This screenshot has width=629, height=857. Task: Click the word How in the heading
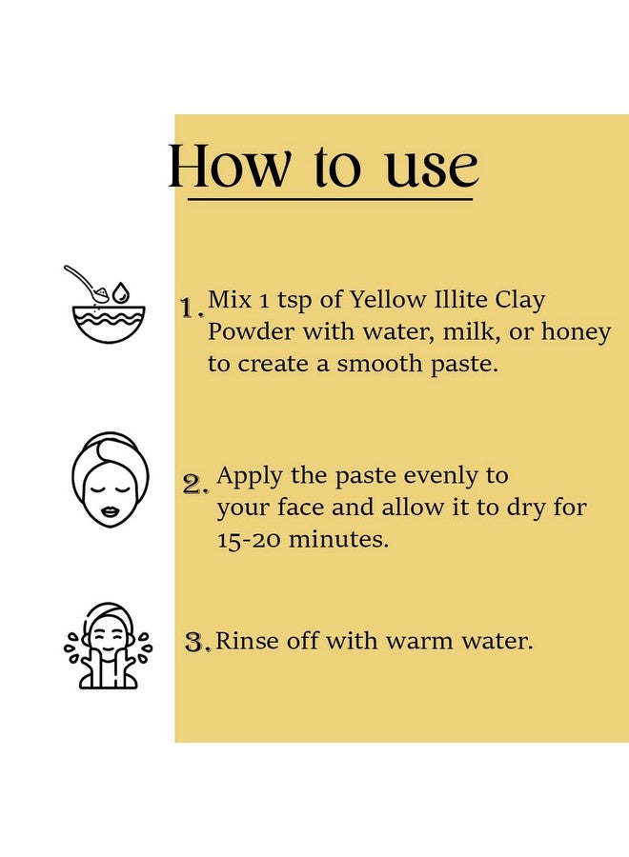point(228,166)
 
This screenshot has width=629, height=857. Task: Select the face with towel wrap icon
point(111,480)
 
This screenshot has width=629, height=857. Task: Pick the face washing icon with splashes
point(108,645)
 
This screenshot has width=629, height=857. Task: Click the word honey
point(576,333)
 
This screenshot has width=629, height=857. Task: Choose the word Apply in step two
point(250,477)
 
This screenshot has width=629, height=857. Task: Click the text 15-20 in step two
point(249,540)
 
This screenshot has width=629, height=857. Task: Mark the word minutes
point(338,540)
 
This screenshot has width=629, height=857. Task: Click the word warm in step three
point(418,641)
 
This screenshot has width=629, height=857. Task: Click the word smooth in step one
point(379,364)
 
